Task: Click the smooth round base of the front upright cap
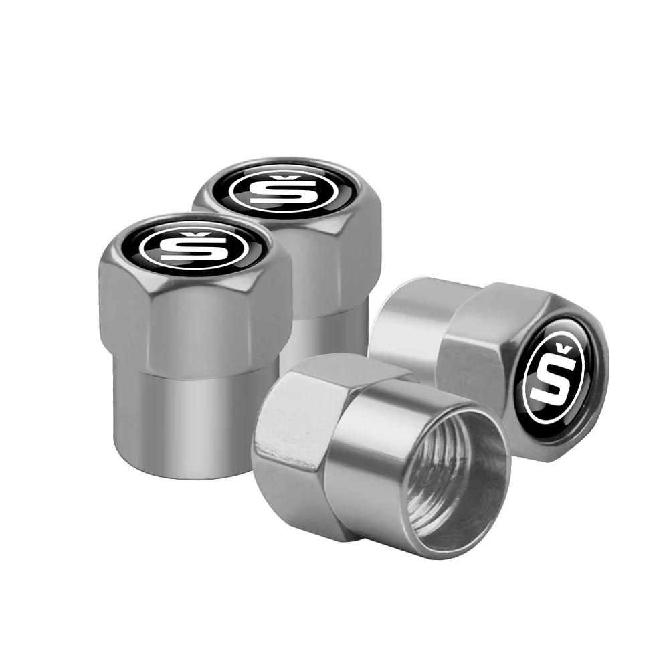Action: [194, 415]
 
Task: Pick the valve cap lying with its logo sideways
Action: [495, 361]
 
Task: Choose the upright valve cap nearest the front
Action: [194, 334]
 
